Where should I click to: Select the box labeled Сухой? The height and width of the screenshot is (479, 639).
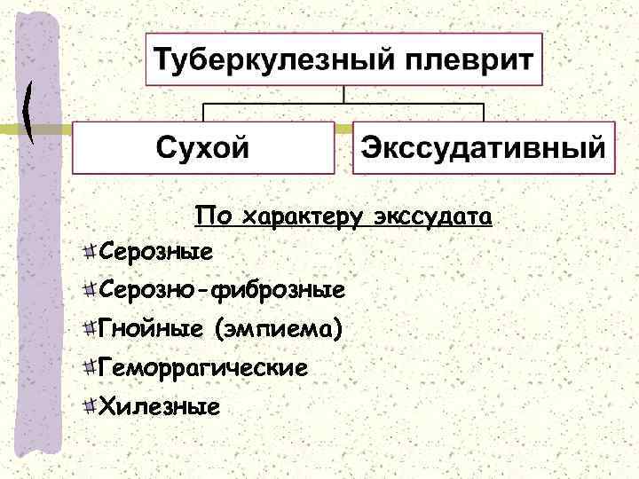click(203, 148)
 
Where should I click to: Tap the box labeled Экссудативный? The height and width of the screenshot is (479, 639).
click(484, 148)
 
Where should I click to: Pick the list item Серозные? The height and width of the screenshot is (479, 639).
click(156, 254)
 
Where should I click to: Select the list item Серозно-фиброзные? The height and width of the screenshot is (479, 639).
click(223, 290)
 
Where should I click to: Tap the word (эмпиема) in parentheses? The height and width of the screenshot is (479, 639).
click(277, 330)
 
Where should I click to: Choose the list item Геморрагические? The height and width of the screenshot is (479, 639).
click(204, 367)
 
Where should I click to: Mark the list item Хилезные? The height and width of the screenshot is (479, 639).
click(159, 407)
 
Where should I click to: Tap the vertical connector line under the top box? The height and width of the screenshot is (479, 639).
click(343, 95)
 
